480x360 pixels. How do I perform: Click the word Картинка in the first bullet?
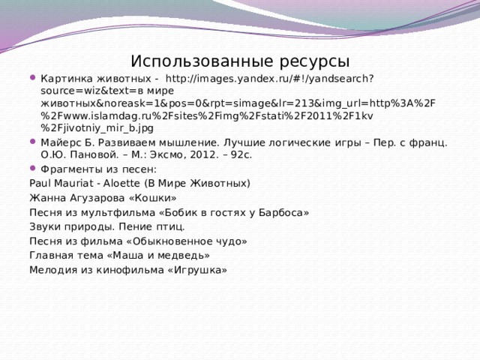pos(64,78)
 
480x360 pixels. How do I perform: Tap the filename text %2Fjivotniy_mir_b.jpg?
pos(91,128)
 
